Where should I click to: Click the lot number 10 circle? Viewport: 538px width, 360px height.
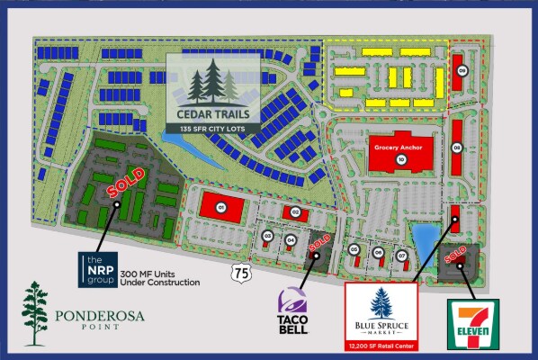point(401,159)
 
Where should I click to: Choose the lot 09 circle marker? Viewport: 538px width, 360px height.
point(462,70)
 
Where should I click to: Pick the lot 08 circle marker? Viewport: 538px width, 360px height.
point(457,148)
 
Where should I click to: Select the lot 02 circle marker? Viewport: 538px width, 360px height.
point(295,212)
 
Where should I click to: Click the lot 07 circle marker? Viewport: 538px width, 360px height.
point(401,255)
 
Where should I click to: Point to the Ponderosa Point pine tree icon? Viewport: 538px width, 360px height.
point(35,312)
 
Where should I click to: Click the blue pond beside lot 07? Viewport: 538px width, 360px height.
point(420,238)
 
